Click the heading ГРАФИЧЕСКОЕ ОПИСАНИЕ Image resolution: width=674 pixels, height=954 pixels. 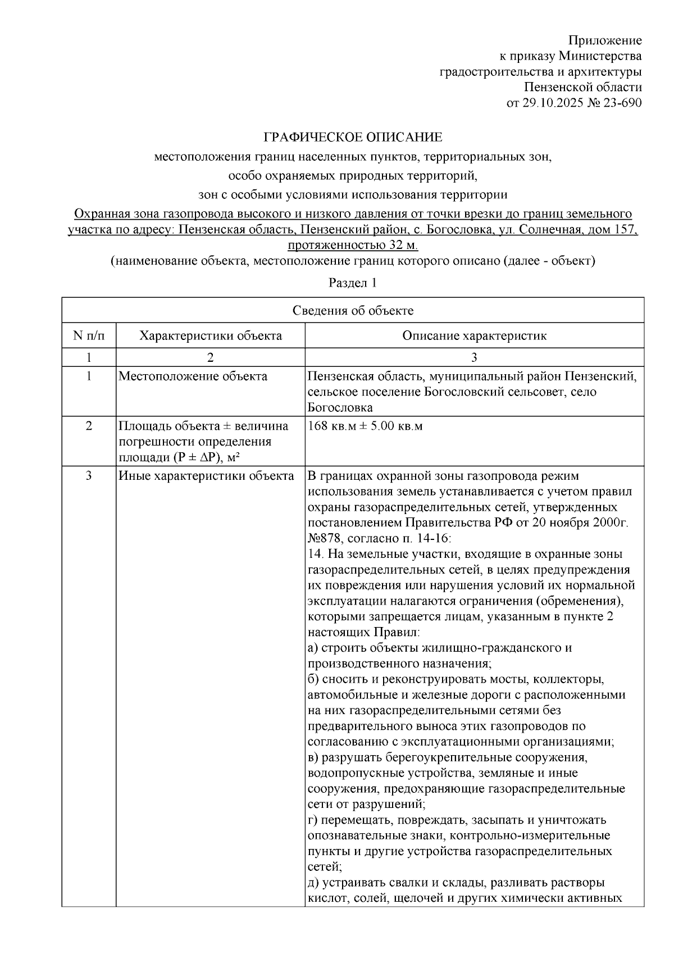coord(353,137)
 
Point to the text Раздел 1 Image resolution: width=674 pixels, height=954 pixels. coord(353,283)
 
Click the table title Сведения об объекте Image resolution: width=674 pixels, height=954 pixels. coord(353,311)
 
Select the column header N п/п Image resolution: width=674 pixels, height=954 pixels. coord(89,336)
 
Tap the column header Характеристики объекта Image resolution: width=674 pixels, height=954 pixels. coord(211,336)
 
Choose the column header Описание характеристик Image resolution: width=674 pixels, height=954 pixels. coord(474,336)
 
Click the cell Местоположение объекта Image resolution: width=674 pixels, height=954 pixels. coord(193,376)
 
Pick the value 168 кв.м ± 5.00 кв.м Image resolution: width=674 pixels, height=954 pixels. coord(365,426)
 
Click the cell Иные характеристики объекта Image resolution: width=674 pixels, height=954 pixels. coord(206,476)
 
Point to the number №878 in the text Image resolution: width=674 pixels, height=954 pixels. coord(324,538)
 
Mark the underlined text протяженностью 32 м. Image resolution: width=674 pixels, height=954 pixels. coord(353,245)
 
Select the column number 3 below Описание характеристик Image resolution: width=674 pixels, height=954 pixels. coord(474,357)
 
